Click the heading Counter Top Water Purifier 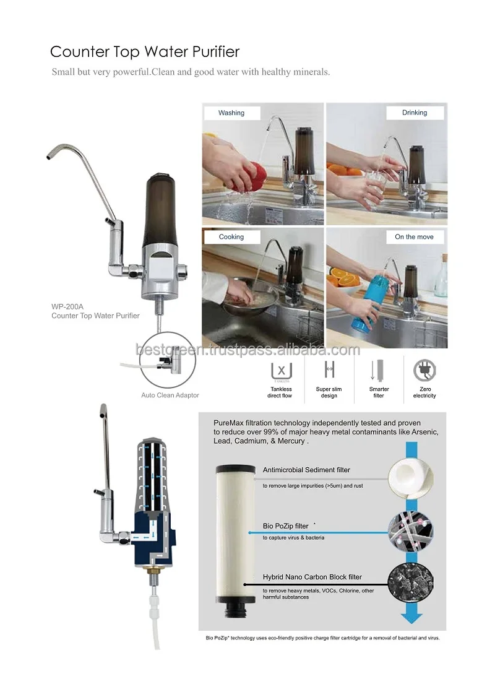[x=145, y=51]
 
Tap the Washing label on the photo [x=231, y=113]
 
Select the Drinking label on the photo [x=415, y=113]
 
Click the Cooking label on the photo [x=231, y=236]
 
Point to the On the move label [x=415, y=236]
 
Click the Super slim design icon [x=329, y=370]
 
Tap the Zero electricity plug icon [x=424, y=370]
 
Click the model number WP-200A [x=67, y=306]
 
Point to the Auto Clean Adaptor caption [x=170, y=395]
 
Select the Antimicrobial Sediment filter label [x=306, y=470]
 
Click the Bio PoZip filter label [x=286, y=526]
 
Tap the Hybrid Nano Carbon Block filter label [x=312, y=577]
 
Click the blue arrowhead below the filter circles [x=411, y=616]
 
